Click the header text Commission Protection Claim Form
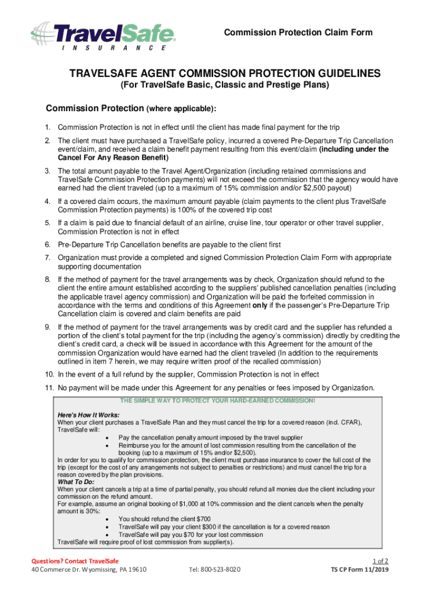[x=298, y=32]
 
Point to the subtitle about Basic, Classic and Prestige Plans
[x=224, y=85]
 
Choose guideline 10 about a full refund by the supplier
[x=188, y=374]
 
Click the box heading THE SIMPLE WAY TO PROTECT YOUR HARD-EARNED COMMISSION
[x=217, y=401]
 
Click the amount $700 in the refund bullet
[x=203, y=519]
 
